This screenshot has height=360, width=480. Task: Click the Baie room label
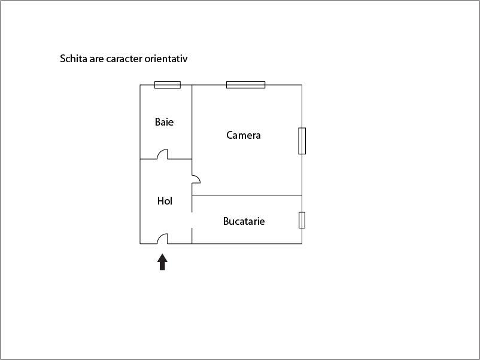164,122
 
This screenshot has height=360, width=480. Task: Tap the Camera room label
244,135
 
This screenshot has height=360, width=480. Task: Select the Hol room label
165,201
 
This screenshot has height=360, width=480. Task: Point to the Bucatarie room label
244,221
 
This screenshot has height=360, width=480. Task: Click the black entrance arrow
162,262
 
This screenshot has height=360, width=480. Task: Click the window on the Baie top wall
168,85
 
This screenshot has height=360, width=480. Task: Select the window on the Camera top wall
245,85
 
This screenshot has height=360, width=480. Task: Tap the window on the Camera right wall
302,141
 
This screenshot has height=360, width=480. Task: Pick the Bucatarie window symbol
302,220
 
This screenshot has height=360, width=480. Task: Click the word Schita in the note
74,59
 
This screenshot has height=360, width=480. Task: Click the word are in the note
96,59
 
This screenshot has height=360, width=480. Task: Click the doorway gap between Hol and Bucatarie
192,220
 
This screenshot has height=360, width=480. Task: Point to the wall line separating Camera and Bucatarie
247,196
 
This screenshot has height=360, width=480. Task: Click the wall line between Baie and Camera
192,122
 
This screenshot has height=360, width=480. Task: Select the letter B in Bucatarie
226,221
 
